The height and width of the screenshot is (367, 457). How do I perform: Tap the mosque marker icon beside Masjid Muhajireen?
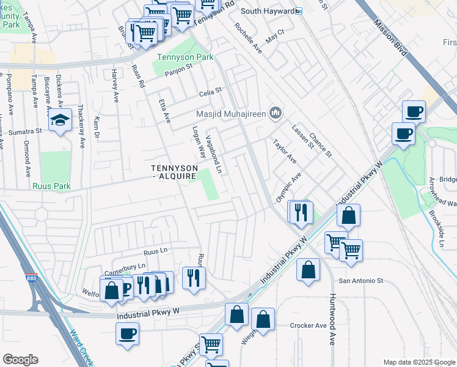[276, 113]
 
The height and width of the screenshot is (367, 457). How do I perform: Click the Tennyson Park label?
[177, 57]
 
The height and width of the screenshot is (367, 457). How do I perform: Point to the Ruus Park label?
[52, 186]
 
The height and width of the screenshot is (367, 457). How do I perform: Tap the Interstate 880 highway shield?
[31, 278]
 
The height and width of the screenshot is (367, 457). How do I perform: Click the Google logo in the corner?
[20, 360]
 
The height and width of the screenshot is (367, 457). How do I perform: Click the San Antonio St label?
[360, 281]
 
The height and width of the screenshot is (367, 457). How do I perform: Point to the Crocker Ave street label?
[309, 325]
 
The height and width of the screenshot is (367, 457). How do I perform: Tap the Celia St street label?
[210, 94]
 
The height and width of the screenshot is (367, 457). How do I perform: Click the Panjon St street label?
[180, 68]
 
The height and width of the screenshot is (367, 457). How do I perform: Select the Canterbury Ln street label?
[126, 266]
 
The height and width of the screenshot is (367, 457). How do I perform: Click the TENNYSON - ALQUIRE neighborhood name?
[175, 172]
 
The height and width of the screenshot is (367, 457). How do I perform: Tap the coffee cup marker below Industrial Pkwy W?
[128, 333]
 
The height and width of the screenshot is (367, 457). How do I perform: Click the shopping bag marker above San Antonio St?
[309, 269]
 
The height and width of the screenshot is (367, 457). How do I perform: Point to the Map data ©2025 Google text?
[419, 362]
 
